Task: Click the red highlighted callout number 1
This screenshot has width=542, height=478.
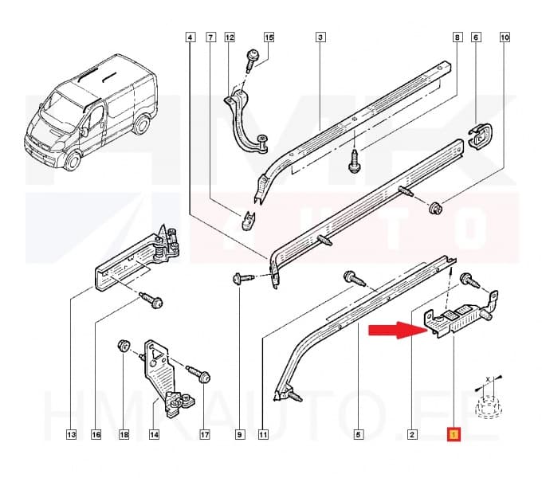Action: (453, 435)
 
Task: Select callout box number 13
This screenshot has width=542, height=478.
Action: (71, 435)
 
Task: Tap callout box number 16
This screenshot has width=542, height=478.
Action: (96, 435)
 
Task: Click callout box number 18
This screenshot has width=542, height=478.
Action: (124, 435)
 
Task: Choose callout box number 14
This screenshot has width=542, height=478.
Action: (154, 435)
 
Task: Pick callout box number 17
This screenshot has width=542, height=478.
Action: (204, 435)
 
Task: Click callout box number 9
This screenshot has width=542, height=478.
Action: (238, 435)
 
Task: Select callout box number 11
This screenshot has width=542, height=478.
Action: (263, 435)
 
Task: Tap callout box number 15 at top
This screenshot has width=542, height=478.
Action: (269, 37)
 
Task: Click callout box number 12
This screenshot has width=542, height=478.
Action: (230, 37)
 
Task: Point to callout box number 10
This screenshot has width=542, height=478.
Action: (505, 37)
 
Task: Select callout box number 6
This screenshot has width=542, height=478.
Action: (476, 37)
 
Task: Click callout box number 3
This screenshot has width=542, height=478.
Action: (320, 37)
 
